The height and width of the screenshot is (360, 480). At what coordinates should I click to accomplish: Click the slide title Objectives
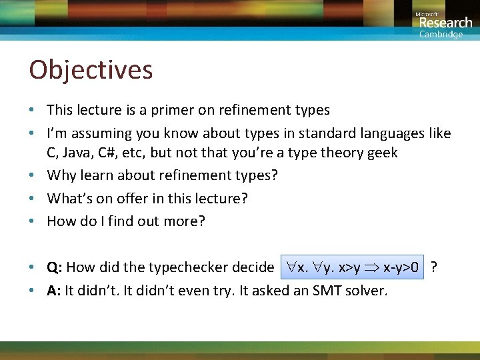pyautogui.click(x=91, y=70)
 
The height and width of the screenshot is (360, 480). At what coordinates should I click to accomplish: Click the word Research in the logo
pyautogui.click(x=445, y=23)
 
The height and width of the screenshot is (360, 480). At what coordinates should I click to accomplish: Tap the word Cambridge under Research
pyautogui.click(x=441, y=35)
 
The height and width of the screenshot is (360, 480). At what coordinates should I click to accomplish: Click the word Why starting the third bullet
pyautogui.click(x=62, y=175)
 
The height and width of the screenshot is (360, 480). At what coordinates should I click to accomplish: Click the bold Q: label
pyautogui.click(x=55, y=268)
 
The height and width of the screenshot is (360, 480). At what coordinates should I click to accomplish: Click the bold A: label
pyautogui.click(x=55, y=291)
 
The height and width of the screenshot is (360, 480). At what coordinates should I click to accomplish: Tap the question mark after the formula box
pyautogui.click(x=434, y=267)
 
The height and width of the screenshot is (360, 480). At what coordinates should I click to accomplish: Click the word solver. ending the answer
pyautogui.click(x=369, y=291)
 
